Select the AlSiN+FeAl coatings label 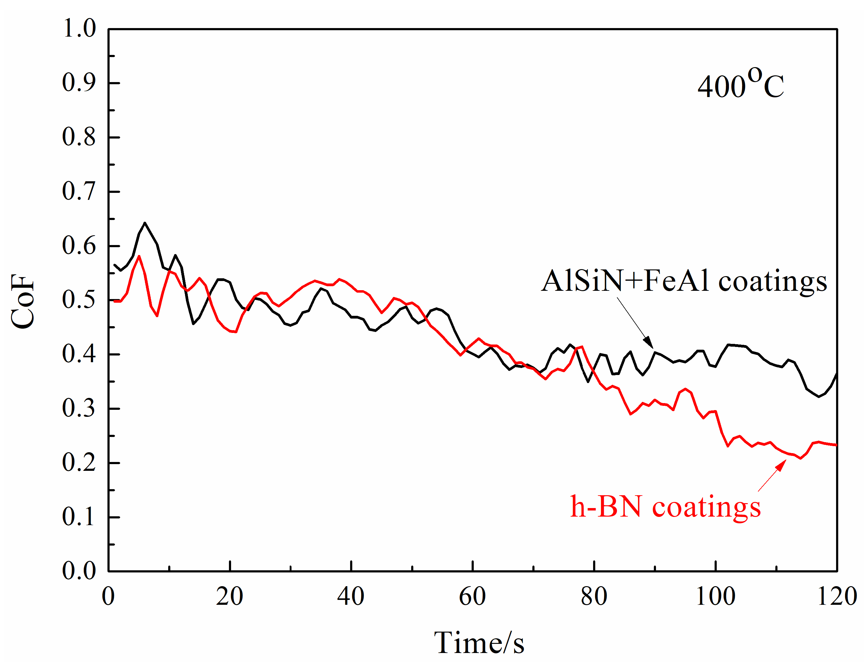click(x=684, y=281)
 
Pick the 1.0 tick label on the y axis click(x=79, y=29)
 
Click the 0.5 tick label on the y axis click(x=79, y=300)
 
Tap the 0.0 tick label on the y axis click(x=79, y=571)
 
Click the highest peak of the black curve click(x=145, y=223)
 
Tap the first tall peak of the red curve click(x=139, y=256)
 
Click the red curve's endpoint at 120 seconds click(x=836, y=445)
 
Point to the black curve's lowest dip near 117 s click(x=819, y=396)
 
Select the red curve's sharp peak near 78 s click(x=581, y=347)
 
